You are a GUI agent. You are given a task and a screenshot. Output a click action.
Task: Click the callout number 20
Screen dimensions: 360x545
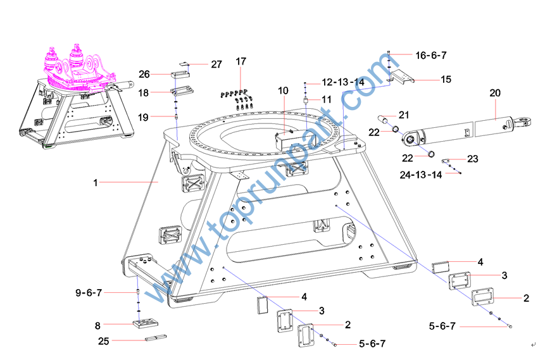(x=495, y=92)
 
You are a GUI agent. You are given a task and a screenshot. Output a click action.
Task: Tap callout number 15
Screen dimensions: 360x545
(x=446, y=79)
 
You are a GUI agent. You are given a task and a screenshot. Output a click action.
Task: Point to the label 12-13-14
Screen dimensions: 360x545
(x=343, y=82)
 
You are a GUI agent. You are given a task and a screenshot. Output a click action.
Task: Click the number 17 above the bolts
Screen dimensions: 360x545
(x=241, y=61)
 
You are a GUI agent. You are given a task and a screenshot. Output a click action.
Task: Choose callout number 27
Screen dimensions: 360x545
(x=216, y=64)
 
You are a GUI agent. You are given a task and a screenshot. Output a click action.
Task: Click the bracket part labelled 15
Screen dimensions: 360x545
(x=400, y=77)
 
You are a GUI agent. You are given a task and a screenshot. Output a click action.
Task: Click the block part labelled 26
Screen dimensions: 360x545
(x=181, y=77)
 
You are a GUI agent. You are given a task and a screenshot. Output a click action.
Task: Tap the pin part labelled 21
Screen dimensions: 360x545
(x=385, y=118)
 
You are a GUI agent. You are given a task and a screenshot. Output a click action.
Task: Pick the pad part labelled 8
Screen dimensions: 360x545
(x=144, y=324)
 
